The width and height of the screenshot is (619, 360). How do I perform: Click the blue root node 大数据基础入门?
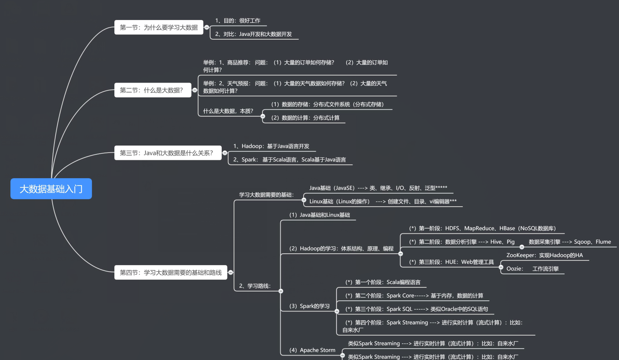pos(51,189)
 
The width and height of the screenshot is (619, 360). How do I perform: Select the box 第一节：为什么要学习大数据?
pos(158,27)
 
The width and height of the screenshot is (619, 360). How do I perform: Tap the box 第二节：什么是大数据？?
pos(153,90)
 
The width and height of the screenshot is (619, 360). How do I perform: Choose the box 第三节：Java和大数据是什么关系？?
pos(168,153)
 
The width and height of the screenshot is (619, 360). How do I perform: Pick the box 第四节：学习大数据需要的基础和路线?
pos(171,272)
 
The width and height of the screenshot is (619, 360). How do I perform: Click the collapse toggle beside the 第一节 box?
pos(207,27)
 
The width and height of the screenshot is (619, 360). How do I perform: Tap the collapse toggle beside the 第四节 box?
pos(231,272)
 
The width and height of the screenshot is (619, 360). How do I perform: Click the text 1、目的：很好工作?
pos(238,21)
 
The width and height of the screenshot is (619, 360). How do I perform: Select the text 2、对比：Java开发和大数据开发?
pos(253,34)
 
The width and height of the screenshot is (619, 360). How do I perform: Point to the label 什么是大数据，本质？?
pos(228,111)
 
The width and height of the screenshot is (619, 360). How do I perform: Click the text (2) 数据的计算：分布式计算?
pos(305,118)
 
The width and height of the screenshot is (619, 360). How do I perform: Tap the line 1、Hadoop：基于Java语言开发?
pos(271,146)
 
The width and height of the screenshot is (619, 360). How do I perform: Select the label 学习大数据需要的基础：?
pos(267,195)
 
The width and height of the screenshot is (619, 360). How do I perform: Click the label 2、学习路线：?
pos(255,286)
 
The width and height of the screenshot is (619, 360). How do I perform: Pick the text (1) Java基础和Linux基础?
pos(319,215)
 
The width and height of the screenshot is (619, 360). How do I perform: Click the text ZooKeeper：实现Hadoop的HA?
pos(545,255)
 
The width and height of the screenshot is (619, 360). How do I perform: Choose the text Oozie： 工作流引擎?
pos(532,269)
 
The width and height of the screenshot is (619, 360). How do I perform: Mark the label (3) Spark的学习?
pos(309,306)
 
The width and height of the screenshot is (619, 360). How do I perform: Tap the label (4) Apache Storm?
pos(312,350)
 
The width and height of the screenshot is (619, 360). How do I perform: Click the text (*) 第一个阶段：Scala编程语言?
pos(383,282)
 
